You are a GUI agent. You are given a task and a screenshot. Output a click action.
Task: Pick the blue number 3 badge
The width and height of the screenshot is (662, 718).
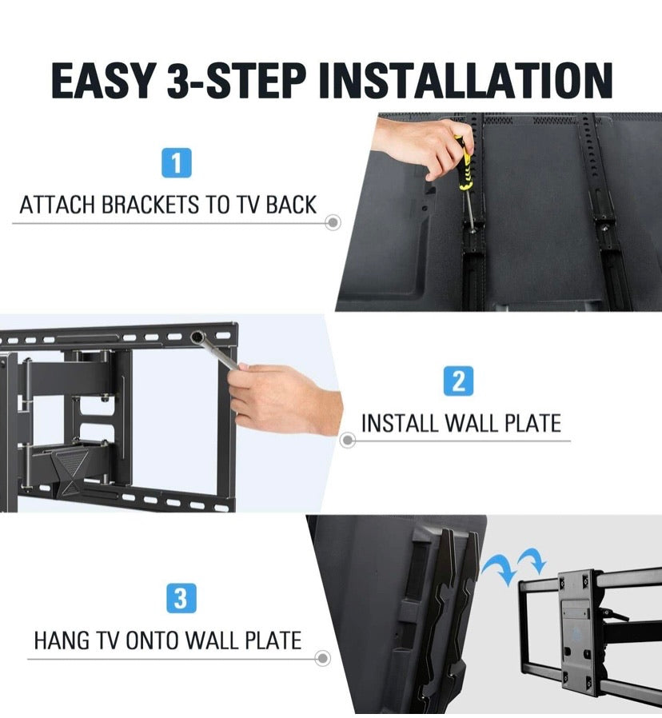coord(180,600)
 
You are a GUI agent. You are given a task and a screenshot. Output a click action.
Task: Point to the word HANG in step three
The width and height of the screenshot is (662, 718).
coord(61,641)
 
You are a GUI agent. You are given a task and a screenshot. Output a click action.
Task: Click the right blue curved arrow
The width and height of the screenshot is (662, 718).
coord(531,560)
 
